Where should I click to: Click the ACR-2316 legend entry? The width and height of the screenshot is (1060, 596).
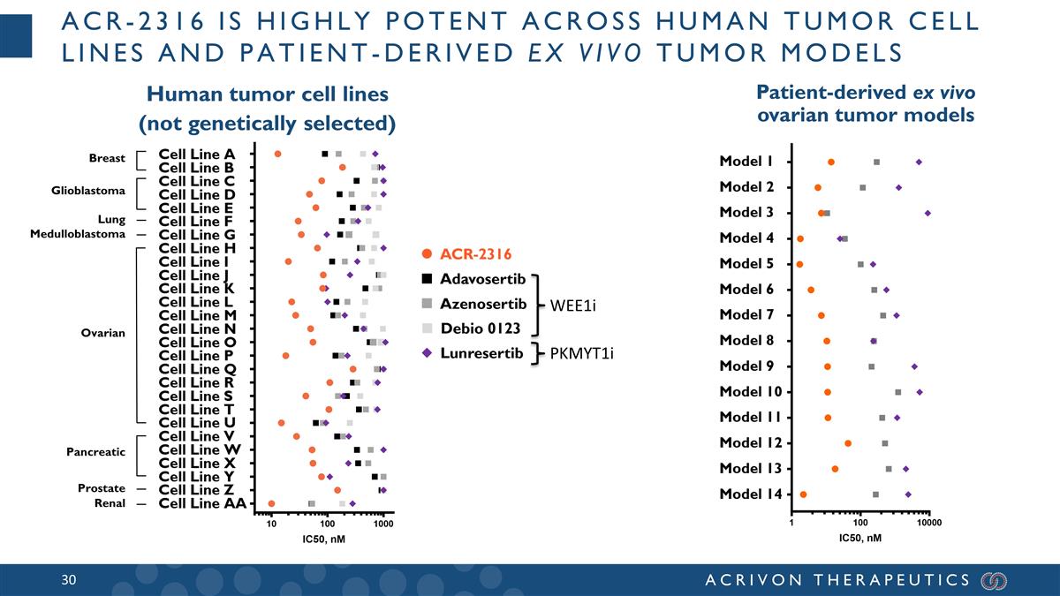click(x=475, y=255)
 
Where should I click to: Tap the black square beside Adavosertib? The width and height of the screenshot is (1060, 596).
click(x=427, y=280)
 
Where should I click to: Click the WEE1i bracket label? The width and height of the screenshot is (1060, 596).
click(x=573, y=306)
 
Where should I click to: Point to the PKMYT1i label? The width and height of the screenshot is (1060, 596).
click(x=582, y=354)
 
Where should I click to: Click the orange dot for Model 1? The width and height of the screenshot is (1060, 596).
click(x=831, y=162)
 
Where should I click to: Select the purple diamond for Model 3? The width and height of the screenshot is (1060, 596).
click(x=927, y=213)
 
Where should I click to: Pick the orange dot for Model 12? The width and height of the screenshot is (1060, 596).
click(x=848, y=443)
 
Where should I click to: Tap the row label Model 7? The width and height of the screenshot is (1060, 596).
click(x=746, y=314)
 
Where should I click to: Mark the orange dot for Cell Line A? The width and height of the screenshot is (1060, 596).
click(x=277, y=154)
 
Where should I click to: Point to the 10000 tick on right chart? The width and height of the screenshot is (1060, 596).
click(x=928, y=524)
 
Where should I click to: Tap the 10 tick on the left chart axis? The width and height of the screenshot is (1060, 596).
click(x=271, y=524)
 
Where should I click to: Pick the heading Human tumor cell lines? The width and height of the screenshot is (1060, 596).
click(x=267, y=94)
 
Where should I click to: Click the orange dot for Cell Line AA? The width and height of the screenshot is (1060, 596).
click(x=271, y=503)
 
